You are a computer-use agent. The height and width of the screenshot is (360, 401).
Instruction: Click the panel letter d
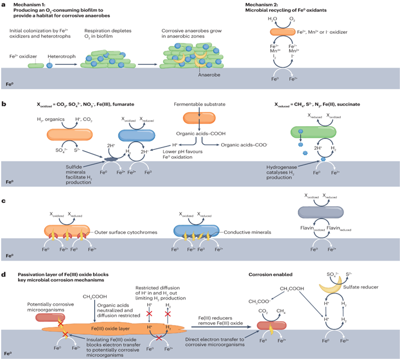point(4,274)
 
